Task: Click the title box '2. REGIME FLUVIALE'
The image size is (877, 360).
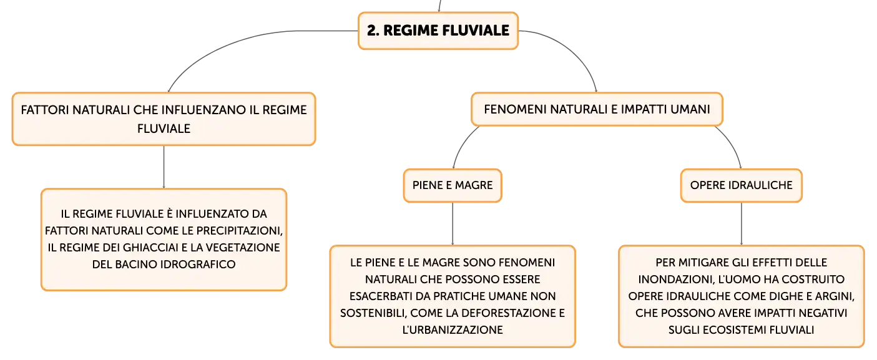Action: [438, 31]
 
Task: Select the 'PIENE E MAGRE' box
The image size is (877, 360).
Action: [453, 185]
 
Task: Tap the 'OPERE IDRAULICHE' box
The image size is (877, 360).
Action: [741, 185]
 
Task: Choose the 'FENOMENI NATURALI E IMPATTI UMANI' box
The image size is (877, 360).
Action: [597, 109]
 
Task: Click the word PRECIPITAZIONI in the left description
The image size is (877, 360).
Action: [240, 231]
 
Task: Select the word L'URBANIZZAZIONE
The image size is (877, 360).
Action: [453, 330]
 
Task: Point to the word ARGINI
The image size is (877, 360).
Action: [835, 296]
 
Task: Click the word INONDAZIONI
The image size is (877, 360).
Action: [674, 280]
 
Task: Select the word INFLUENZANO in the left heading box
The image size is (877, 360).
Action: [212, 110]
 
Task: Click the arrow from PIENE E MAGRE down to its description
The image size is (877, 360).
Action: [453, 224]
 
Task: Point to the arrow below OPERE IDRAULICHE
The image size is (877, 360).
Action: [741, 224]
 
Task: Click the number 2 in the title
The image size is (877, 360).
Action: [371, 31]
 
